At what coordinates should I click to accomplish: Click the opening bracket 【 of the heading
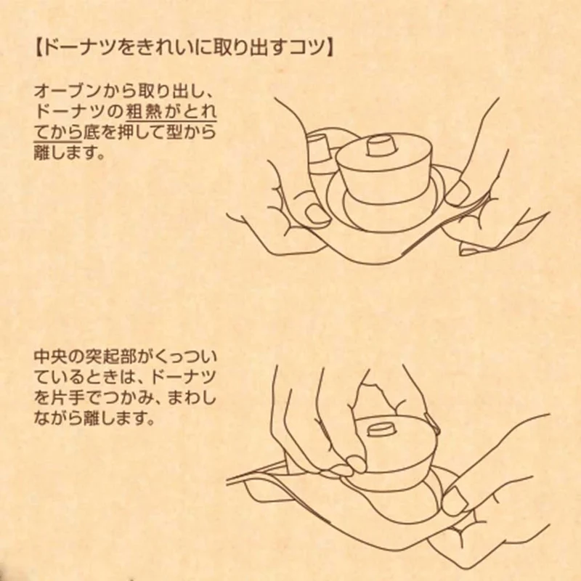point(38,48)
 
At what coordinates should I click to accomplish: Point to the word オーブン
point(66,92)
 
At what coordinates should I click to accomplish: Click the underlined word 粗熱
point(143,112)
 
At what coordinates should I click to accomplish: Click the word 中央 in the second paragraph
point(51,357)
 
